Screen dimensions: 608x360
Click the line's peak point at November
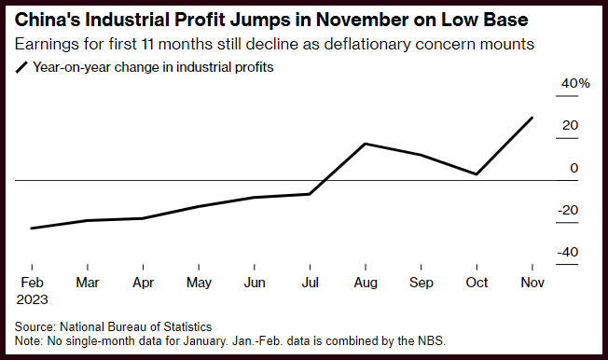[x=532, y=118]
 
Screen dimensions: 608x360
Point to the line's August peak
[x=366, y=144]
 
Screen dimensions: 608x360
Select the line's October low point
[x=477, y=174]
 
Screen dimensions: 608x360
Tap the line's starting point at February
[x=32, y=228]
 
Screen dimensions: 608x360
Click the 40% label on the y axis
[x=575, y=83]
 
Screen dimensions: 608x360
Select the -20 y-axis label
[x=568, y=210]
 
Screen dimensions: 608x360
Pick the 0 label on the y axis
[x=573, y=168]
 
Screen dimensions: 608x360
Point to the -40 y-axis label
[x=568, y=252]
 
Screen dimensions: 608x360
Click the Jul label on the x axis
[x=311, y=283]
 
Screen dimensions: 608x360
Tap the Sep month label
[x=421, y=283]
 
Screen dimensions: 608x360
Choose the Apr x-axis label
[x=143, y=283]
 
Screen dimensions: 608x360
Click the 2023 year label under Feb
[x=32, y=299]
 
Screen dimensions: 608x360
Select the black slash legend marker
[x=21, y=67]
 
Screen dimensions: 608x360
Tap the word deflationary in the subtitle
[x=366, y=44]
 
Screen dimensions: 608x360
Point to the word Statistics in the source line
[x=187, y=326]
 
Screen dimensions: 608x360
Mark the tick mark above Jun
[x=255, y=267]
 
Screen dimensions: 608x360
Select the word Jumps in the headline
[x=260, y=21]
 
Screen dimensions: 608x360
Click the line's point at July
[x=310, y=194]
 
